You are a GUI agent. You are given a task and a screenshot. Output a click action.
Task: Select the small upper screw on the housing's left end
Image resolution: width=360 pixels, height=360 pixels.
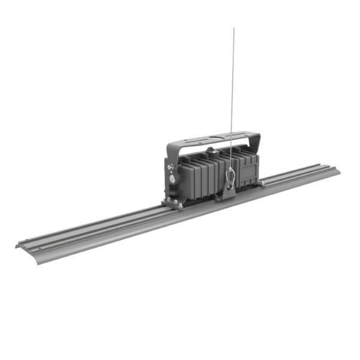(170, 167)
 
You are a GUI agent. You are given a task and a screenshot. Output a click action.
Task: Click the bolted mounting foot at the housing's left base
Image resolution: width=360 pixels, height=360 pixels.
(172, 204)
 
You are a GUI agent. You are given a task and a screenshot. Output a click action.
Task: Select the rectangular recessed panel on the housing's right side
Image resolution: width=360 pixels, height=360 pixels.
(247, 170)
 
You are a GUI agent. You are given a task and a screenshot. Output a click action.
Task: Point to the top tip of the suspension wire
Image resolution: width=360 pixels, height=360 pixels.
(234, 28)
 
